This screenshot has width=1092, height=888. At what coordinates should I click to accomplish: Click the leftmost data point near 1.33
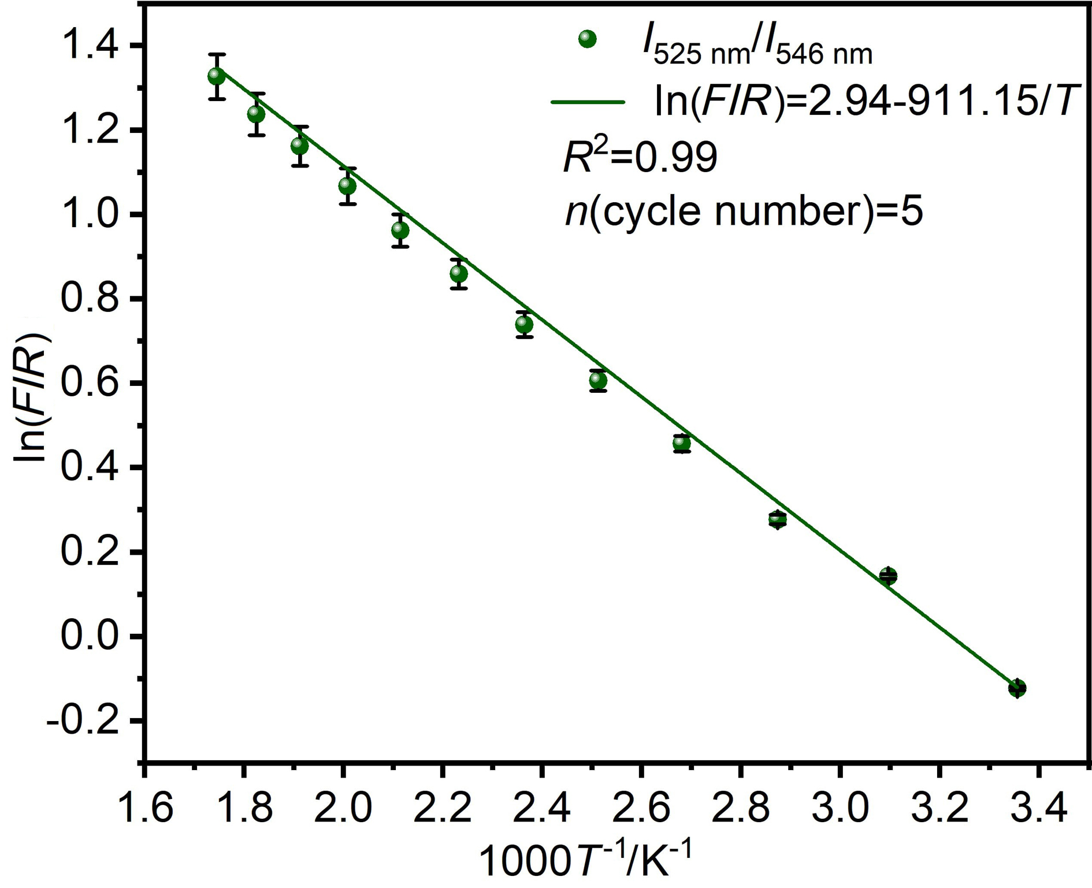coord(217,76)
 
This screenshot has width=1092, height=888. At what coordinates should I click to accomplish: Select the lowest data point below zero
coord(1017,688)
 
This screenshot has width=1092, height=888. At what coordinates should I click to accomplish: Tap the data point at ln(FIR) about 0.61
coord(598,380)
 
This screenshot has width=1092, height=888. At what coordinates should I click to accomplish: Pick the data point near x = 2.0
coord(347,186)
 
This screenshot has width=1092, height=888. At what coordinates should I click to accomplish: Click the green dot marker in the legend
coord(587,39)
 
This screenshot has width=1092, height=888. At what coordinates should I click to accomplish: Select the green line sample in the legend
coord(588,102)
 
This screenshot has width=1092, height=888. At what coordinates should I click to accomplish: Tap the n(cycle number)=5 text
coord(744,211)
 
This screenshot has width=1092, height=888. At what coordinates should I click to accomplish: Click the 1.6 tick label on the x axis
coord(144,808)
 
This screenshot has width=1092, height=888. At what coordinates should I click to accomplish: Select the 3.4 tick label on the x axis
coord(1038,808)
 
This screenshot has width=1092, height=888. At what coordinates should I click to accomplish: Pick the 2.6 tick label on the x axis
coord(641,808)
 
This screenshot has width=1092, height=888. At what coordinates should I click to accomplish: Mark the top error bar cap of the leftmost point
coord(217,54)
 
